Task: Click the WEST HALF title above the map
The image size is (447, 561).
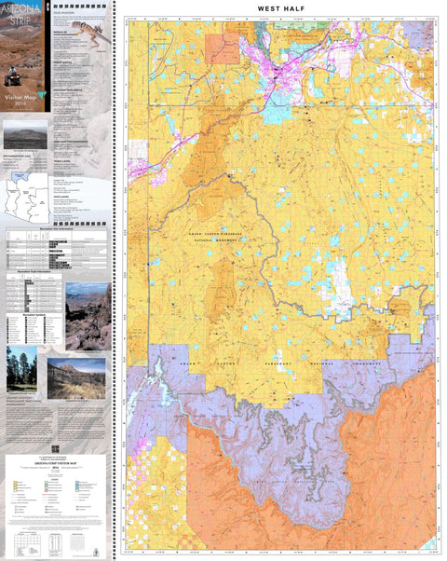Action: pos(281,9)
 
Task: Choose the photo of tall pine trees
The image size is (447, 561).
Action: pos(20,370)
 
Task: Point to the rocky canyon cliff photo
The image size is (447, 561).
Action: pos(88,316)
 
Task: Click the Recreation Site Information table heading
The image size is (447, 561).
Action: pos(57,226)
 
